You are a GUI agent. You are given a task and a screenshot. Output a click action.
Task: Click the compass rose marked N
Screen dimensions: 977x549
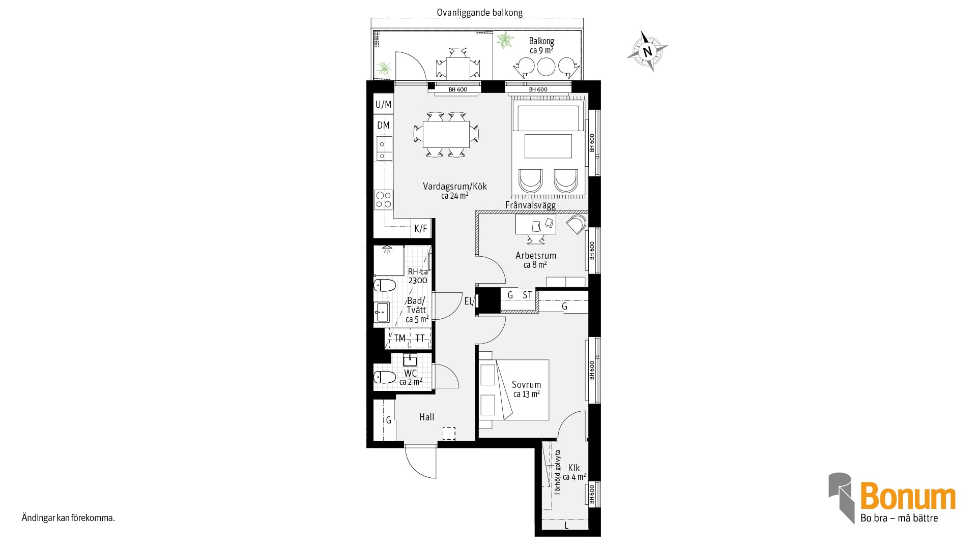click(x=647, y=51)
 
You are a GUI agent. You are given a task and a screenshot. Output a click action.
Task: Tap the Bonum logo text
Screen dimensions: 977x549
click(x=908, y=497)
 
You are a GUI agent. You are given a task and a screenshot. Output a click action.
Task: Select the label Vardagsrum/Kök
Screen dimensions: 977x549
click(x=455, y=187)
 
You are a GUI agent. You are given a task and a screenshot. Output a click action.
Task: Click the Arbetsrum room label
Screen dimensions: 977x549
click(x=536, y=256)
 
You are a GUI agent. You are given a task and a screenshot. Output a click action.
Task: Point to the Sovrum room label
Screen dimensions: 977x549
click(x=527, y=385)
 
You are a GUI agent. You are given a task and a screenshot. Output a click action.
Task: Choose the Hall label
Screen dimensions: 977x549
click(x=427, y=417)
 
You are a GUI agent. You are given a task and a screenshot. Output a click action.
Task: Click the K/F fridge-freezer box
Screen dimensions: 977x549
click(x=421, y=229)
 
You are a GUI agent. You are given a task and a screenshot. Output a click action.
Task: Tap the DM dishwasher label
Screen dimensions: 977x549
click(x=384, y=125)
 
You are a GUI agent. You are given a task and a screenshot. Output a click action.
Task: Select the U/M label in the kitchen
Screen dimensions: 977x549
click(x=384, y=105)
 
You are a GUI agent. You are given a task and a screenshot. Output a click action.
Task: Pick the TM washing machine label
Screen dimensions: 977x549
click(x=400, y=339)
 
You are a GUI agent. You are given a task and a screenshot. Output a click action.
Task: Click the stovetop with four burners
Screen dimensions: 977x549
click(x=384, y=199)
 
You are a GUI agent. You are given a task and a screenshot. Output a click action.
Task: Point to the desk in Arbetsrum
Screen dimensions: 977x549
click(x=535, y=224)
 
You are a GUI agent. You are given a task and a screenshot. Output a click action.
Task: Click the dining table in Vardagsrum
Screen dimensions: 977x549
click(x=446, y=134)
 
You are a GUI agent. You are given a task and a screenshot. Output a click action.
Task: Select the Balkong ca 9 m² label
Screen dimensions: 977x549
click(x=541, y=46)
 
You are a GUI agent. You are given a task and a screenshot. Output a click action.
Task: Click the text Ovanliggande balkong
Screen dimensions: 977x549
click(x=480, y=13)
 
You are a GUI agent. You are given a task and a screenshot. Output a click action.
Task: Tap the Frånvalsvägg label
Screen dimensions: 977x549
click(x=531, y=205)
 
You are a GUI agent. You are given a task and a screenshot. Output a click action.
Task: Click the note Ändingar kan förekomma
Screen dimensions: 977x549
click(x=68, y=518)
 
